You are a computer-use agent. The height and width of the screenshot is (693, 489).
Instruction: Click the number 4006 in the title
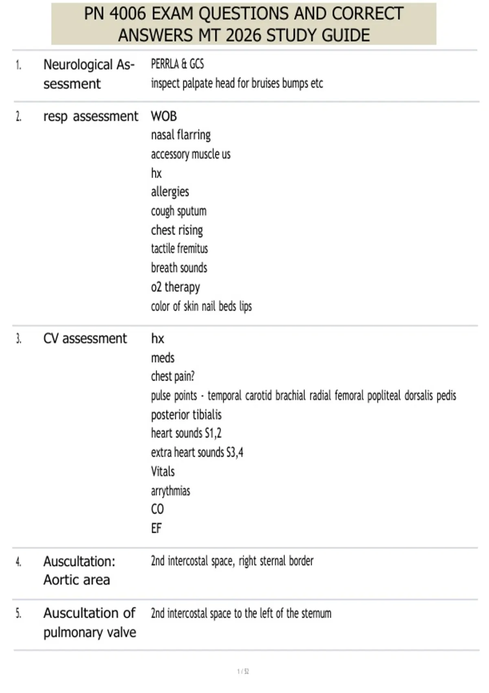(128, 14)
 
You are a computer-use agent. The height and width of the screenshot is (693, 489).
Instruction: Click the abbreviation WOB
(164, 116)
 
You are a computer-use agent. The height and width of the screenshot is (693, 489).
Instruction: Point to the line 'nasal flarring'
(181, 135)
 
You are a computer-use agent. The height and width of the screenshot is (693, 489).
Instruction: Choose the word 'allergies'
(170, 192)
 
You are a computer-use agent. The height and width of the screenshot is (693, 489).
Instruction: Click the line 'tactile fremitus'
(179, 249)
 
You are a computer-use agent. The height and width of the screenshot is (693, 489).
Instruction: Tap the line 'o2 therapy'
(175, 287)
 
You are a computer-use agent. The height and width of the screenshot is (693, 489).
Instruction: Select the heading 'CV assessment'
(85, 338)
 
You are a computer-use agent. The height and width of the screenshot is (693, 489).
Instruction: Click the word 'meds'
(163, 358)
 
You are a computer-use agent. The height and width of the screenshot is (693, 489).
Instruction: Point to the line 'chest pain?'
(172, 376)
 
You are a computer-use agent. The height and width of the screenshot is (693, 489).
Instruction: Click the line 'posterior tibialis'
(186, 415)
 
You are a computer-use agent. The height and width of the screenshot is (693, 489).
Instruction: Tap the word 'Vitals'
(163, 472)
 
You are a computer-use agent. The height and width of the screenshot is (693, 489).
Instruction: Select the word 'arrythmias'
(170, 491)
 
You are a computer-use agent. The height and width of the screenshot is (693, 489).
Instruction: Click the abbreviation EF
(156, 528)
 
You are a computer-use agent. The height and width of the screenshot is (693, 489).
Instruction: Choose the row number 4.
(18, 562)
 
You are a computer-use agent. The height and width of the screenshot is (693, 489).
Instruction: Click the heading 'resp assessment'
(91, 117)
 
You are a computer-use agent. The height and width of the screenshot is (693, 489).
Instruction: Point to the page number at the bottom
(243, 671)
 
